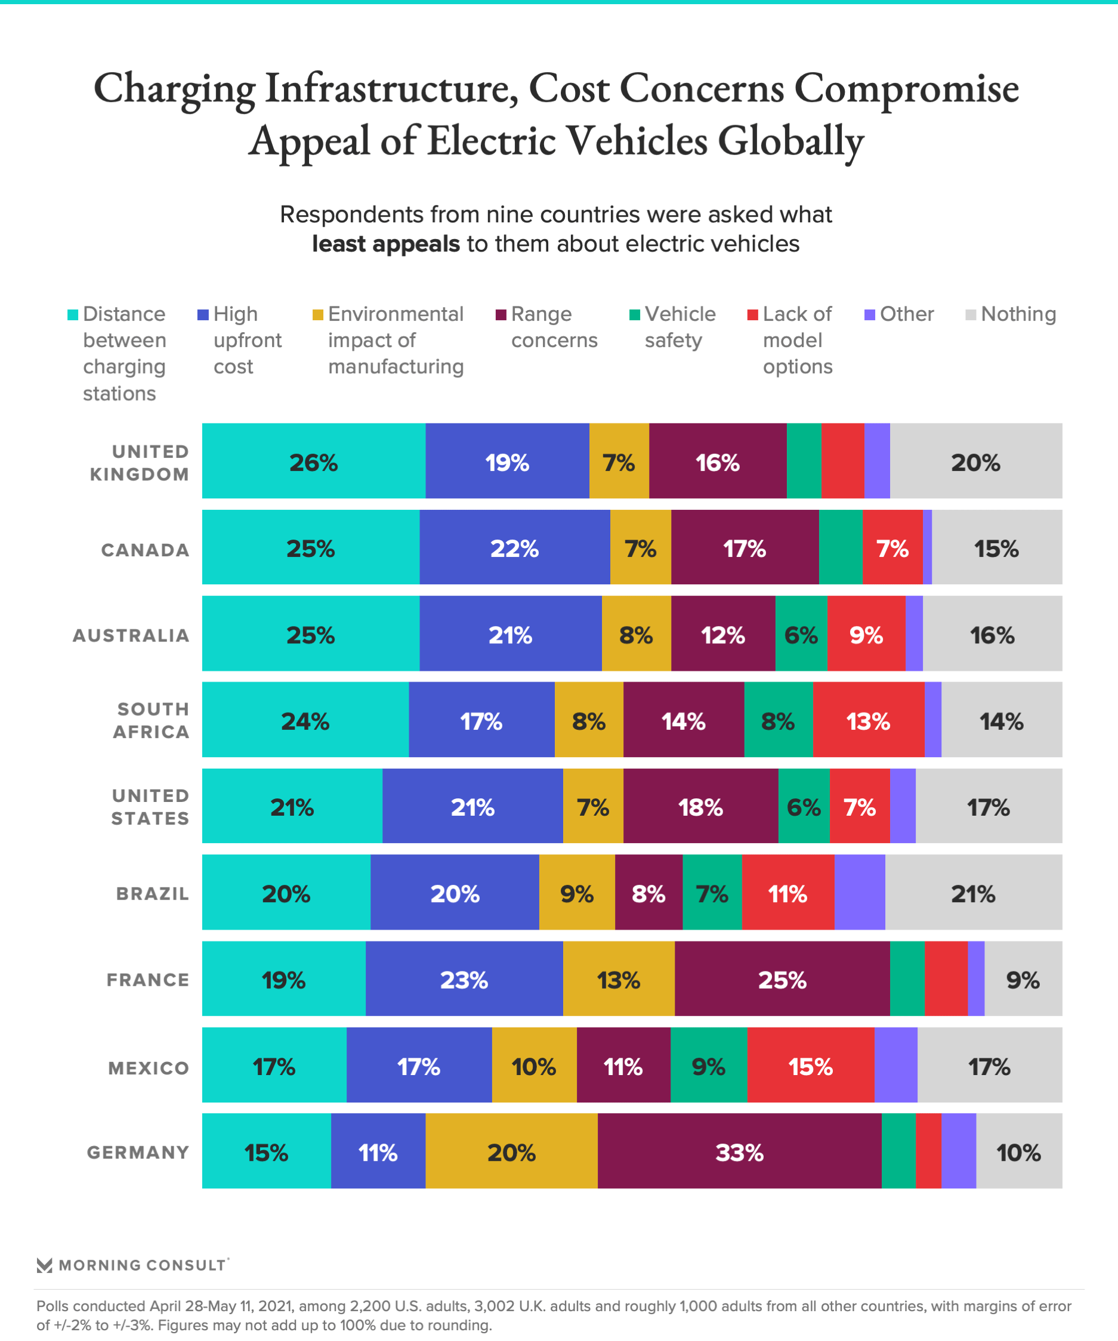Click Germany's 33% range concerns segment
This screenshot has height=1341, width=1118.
[739, 1153]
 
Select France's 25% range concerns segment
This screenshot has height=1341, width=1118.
[782, 980]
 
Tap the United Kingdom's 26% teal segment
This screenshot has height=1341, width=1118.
[313, 462]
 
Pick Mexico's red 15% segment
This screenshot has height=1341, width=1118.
[810, 1066]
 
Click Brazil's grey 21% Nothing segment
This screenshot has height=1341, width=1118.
[973, 893]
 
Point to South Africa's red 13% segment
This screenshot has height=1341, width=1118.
[868, 721]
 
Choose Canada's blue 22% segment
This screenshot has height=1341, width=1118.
[514, 548]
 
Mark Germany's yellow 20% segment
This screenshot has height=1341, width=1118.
[511, 1153]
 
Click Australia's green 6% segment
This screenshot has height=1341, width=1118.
[801, 635]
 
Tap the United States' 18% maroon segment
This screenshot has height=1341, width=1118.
[700, 807]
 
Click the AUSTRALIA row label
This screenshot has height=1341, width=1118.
[131, 636]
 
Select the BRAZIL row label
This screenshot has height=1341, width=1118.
[153, 894]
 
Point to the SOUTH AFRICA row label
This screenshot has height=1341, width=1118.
[152, 721]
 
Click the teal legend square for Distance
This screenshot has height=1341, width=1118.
[73, 315]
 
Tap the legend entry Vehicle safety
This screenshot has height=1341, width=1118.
[679, 327]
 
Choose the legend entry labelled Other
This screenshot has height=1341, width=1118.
[906, 314]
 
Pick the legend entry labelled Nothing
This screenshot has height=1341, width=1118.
[1018, 314]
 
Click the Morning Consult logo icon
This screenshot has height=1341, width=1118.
[44, 1265]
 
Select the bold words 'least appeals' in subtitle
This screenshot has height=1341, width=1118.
[386, 244]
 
